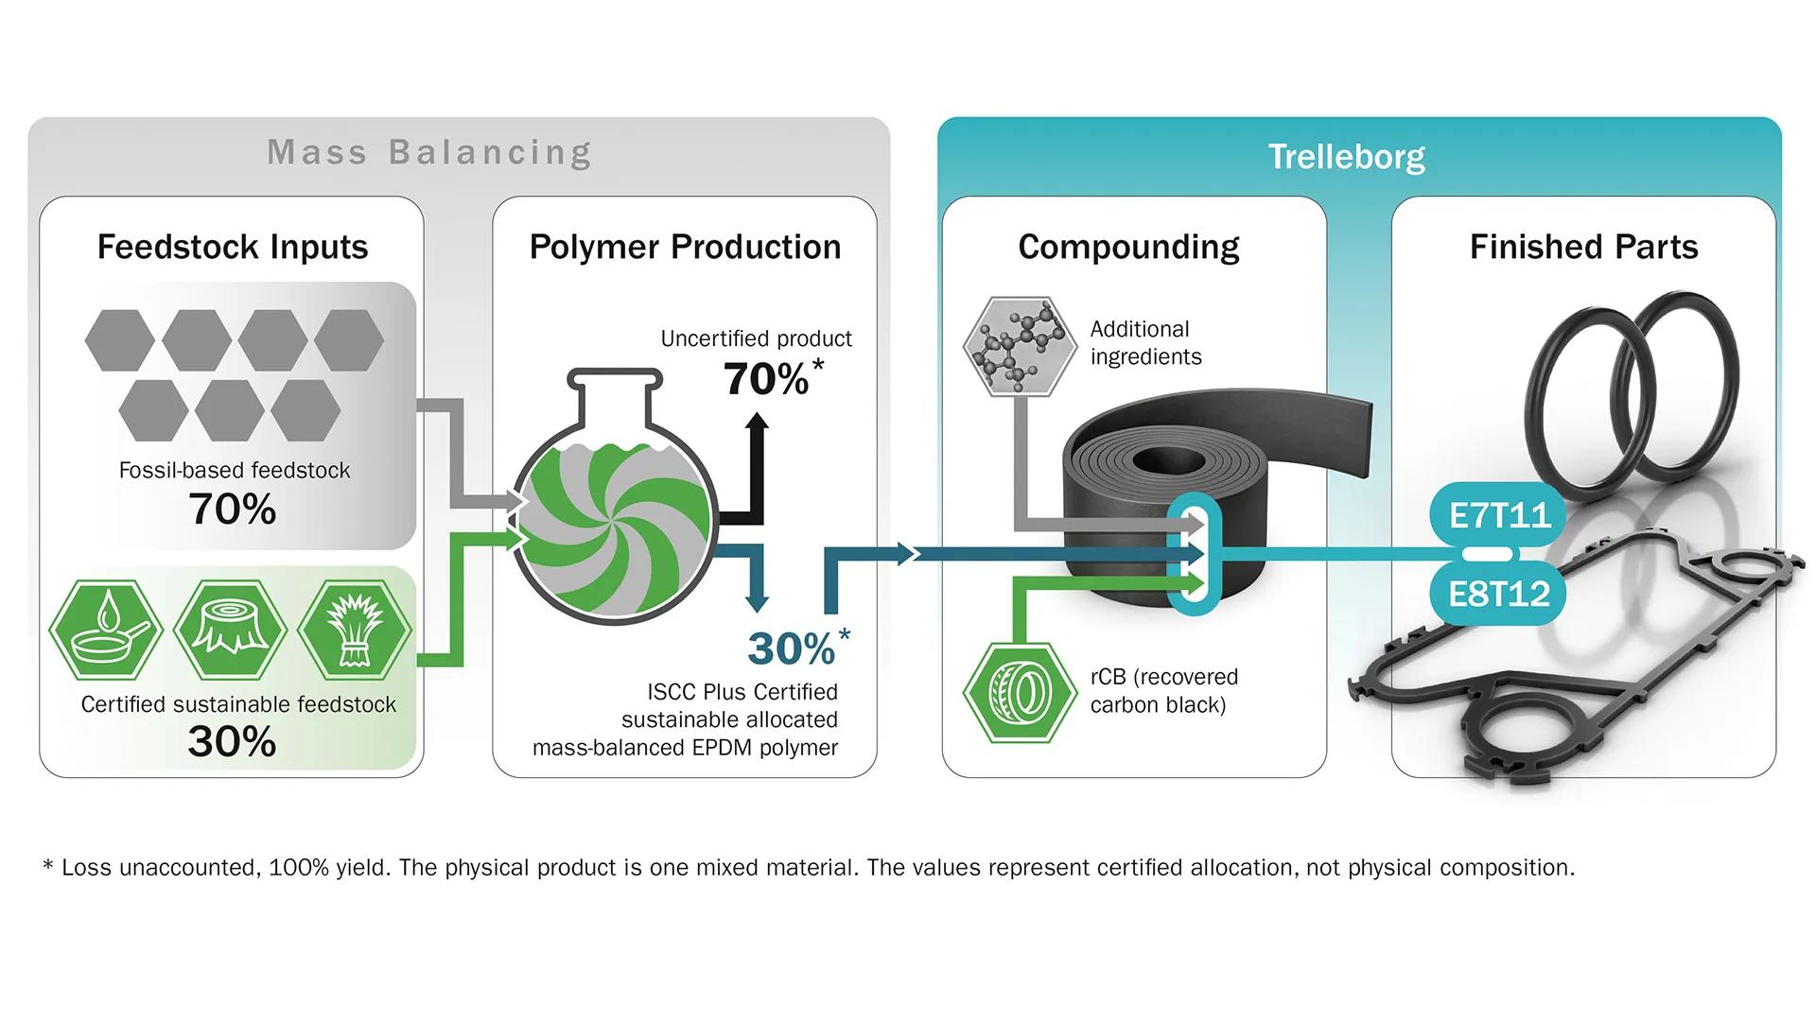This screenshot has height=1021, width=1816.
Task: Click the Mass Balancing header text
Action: point(429,152)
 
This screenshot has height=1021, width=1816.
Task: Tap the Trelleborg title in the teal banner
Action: point(1346,157)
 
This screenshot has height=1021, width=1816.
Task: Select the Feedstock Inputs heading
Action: point(233,247)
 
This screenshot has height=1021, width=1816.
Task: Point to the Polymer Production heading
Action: point(685,247)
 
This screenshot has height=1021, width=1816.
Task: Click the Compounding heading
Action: point(1128,247)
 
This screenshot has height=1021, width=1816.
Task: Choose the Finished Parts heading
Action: point(1583,247)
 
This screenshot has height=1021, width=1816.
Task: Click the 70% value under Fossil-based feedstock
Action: point(233,510)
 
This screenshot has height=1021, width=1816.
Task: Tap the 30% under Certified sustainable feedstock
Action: point(233,741)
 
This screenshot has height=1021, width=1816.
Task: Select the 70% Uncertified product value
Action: point(767,380)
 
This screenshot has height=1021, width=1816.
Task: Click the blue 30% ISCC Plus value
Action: point(792,649)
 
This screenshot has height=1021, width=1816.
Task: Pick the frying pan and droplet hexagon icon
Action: point(105,630)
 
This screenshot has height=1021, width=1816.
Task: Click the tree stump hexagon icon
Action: point(230,630)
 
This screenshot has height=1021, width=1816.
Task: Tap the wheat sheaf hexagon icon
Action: point(355,630)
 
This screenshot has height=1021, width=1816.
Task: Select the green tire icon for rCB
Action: point(1019,692)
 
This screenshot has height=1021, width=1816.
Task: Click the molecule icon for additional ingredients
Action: point(1019,345)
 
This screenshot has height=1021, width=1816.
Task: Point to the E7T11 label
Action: point(1499,515)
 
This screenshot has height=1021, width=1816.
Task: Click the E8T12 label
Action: point(1499,594)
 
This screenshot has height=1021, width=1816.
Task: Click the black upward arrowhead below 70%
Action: point(757,423)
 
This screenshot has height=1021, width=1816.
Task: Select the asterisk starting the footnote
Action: point(48,865)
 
